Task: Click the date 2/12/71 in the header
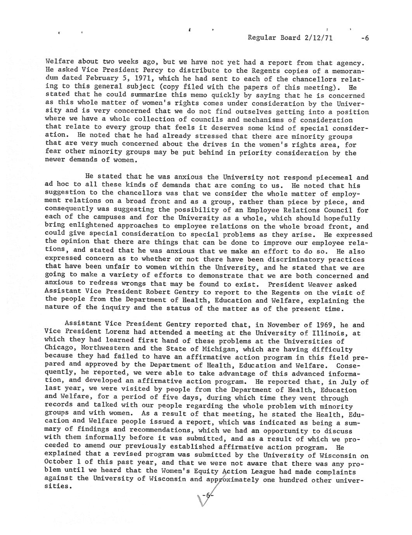point(317,38)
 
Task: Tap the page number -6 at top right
point(365,38)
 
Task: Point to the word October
point(58,462)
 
